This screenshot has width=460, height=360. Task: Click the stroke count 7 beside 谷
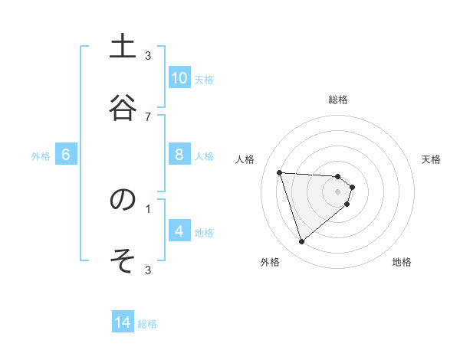coord(148,116)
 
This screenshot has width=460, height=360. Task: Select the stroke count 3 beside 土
coord(148,55)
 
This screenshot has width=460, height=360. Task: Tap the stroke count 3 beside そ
coord(148,270)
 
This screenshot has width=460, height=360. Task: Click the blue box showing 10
coord(179,78)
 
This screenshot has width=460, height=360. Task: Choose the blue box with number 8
coord(179,155)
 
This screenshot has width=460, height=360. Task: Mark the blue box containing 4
coord(179,231)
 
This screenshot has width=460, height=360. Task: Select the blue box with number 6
coord(66,155)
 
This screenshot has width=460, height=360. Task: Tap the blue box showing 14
coord(123,323)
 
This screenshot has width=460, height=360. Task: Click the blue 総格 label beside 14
coord(147,324)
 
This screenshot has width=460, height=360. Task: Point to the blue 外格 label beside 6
coord(41,155)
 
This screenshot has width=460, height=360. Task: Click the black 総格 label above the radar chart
coord(338,100)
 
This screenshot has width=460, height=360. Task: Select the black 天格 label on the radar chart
coord(431,159)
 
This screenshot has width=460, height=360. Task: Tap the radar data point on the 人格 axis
coord(280,172)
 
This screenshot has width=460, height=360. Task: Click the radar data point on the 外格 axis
coord(301,242)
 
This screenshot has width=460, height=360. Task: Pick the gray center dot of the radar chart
coord(338,201)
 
